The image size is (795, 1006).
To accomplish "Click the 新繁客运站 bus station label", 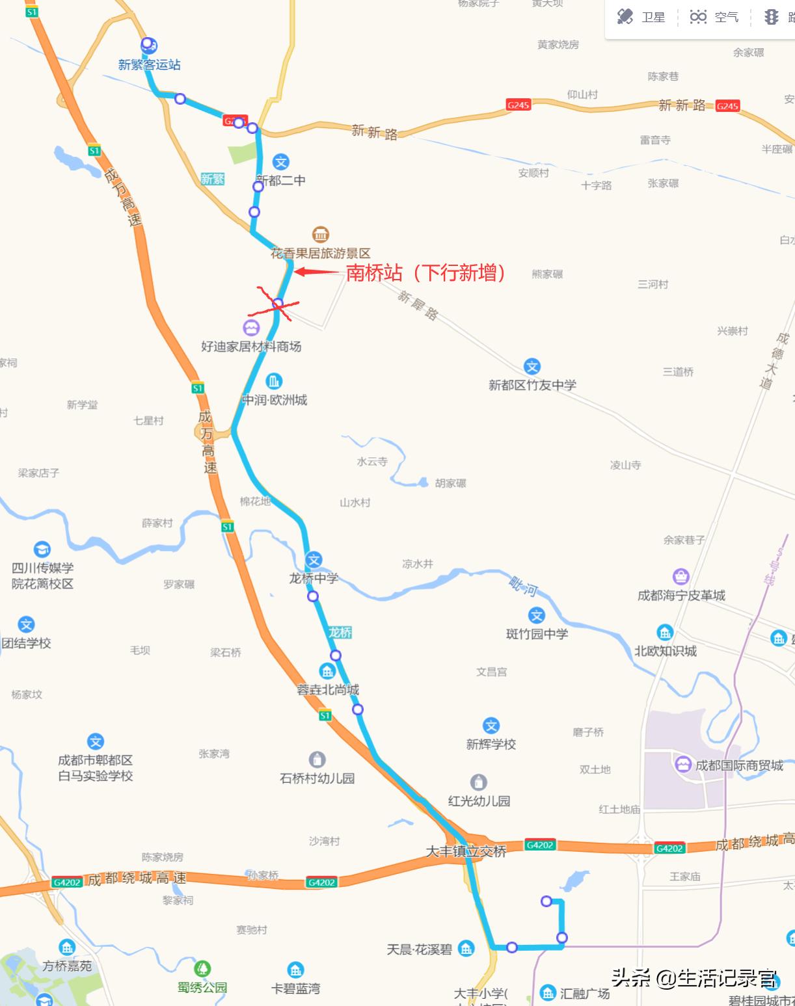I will coord(149,65).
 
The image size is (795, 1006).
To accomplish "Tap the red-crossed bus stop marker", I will coord(278,304).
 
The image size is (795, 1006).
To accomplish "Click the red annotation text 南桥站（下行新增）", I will coord(425,272).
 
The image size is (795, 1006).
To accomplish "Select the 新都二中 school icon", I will coord(280,162).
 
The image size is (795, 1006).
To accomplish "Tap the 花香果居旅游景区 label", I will coord(320,254).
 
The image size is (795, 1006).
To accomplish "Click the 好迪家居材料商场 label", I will coord(251,347).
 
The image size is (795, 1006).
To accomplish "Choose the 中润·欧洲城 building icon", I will coord(274,381).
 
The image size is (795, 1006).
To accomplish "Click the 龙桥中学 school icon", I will coord(314,560).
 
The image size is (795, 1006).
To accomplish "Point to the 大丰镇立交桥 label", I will coord(466,851).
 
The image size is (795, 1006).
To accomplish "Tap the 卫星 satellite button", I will coord(641,17).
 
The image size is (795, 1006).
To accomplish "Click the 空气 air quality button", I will coord(714,17).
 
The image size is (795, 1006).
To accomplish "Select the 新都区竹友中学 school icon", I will coord(532,367).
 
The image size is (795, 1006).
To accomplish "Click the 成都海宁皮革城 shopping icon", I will coord(680,577).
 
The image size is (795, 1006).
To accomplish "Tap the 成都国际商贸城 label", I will coord(739,765).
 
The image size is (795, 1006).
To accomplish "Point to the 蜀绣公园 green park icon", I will coord(203,970).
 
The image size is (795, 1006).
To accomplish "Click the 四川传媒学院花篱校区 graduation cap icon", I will coord(42,549).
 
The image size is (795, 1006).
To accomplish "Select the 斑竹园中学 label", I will coord(537,634).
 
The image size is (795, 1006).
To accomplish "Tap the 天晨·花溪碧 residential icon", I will coord(466,949).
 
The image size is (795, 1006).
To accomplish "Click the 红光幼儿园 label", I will coord(479,801).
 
